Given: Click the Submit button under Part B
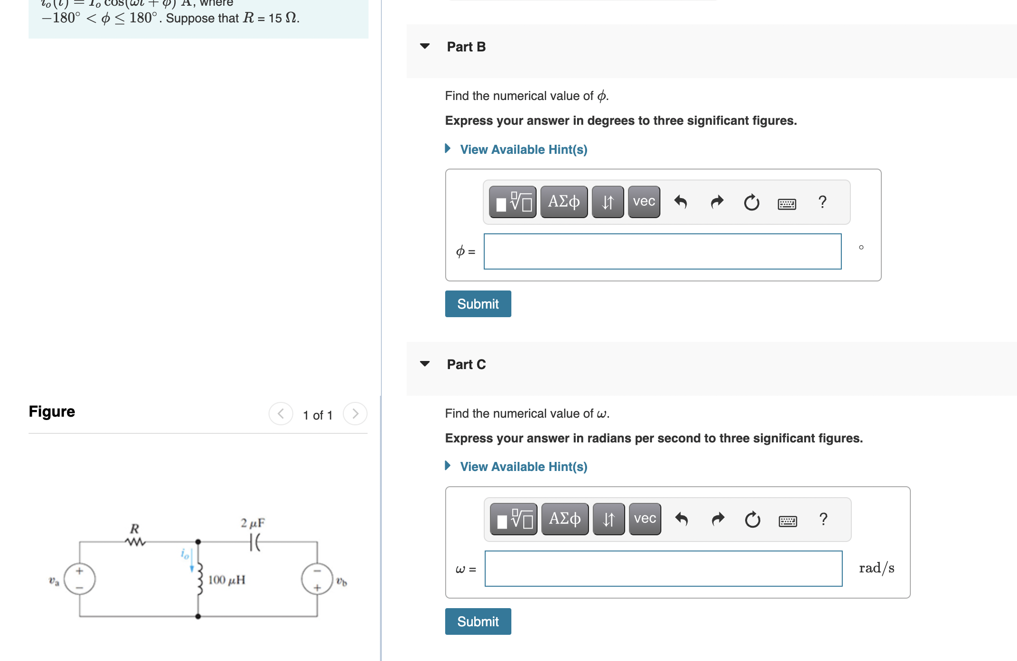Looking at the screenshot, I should pos(478,304).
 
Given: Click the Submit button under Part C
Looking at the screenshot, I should pos(478,621).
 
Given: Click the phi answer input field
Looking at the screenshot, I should pos(662,251).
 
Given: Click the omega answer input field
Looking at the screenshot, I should pos(663,569).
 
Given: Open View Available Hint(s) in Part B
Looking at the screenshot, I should pos(523,150).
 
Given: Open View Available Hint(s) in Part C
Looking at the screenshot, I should pos(523,467).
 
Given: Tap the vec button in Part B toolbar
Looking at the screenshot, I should pos(644,202).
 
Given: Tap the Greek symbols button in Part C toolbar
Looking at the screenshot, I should pos(565,519).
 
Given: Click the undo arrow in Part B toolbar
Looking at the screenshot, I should pos(681,202).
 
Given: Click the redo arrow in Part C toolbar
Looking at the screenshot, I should pos(718,519).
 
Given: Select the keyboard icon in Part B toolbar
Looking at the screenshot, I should pos(787,204).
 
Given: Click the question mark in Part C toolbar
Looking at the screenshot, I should pos(823,519).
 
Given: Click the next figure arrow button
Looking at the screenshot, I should pos(355,414).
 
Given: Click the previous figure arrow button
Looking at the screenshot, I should pos(281,414).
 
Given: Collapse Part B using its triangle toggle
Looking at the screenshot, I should pos(425,46).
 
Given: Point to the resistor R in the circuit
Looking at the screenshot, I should pos(135,541).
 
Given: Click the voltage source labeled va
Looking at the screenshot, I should pos(80,579).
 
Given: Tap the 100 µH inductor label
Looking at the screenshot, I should pos(227,580).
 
